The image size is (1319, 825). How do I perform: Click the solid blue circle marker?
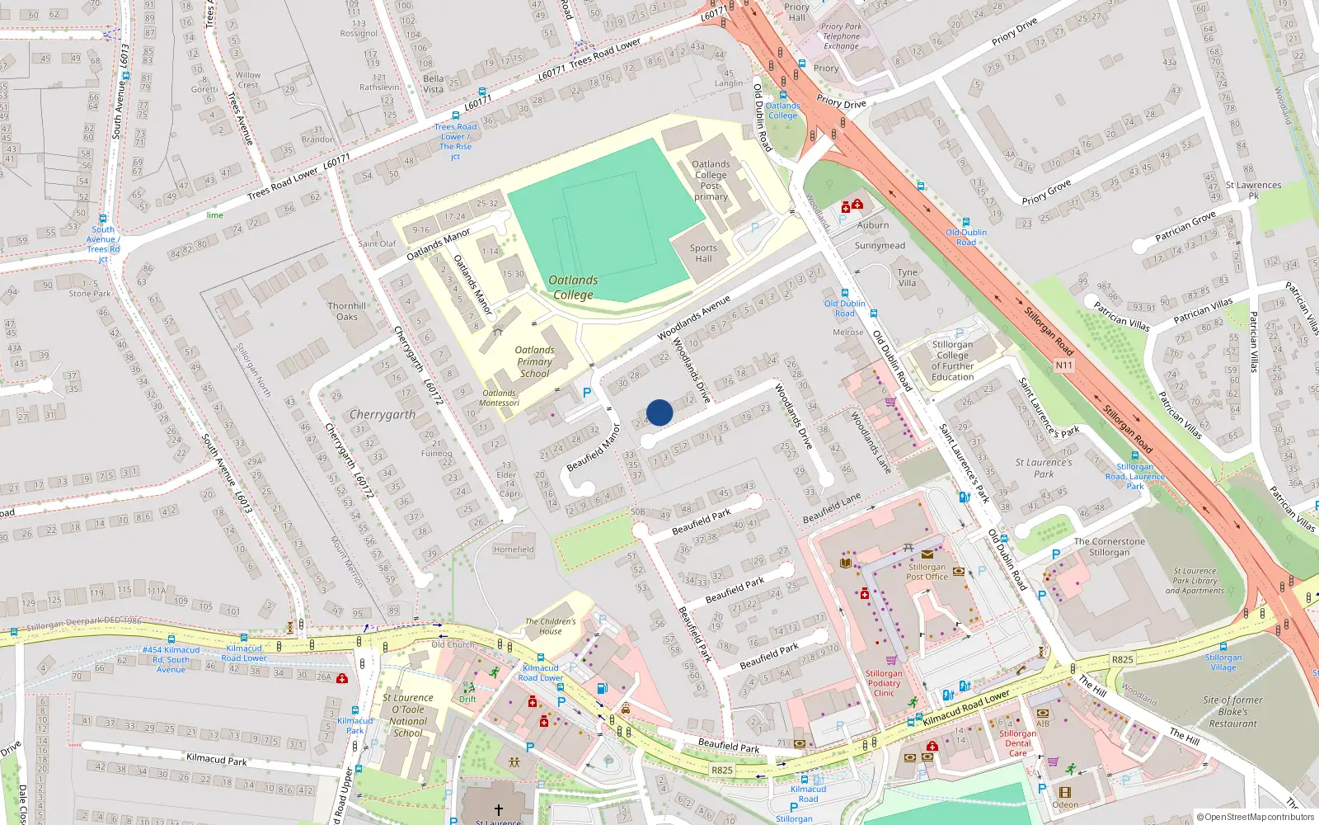click(x=659, y=412)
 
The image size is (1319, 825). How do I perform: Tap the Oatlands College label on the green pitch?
click(x=574, y=287)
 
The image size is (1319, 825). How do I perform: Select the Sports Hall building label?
click(x=703, y=253)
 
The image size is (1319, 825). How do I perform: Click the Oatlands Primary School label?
click(x=534, y=361)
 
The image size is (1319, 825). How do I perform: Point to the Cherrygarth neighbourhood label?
click(x=383, y=414)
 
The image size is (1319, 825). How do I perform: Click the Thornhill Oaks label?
click(x=347, y=311)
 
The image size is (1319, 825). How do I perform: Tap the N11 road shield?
click(x=1064, y=365)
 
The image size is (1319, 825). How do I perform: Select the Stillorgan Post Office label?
click(x=927, y=572)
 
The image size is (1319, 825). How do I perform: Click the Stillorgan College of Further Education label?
click(x=952, y=361)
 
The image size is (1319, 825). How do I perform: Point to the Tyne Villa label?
click(x=907, y=277)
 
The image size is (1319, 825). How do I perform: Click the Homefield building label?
click(x=514, y=549)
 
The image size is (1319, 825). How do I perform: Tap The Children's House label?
click(x=551, y=626)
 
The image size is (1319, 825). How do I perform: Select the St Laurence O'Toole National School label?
click(x=408, y=715)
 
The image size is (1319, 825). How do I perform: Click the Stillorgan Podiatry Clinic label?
click(x=884, y=683)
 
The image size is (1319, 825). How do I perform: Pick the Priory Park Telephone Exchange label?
click(x=841, y=36)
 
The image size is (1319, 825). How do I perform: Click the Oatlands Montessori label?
click(x=500, y=398)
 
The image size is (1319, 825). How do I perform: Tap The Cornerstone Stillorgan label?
click(x=1109, y=547)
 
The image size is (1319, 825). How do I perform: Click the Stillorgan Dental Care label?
click(x=1018, y=742)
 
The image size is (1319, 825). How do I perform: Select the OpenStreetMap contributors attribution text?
click(x=1256, y=818)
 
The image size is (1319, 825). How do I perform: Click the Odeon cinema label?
click(x=1064, y=804)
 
